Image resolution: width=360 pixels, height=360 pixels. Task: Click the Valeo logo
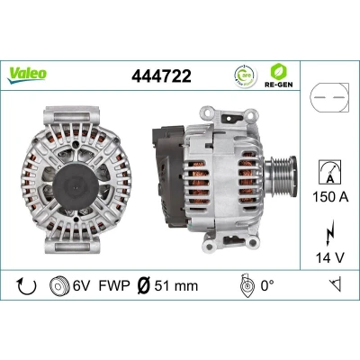tap(27, 75)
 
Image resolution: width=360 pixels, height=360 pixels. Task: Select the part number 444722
tap(161, 76)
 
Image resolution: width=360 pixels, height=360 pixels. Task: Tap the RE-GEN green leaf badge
tap(278, 76)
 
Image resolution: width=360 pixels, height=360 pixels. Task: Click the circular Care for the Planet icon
tap(245, 76)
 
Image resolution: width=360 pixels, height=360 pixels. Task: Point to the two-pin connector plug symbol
tap(329, 97)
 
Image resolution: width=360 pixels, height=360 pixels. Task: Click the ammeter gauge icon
tap(329, 172)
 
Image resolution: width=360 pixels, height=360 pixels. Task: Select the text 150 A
tap(330, 197)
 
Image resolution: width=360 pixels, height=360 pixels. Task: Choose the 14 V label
tap(329, 257)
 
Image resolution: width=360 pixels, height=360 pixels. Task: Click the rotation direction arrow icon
tap(27, 286)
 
